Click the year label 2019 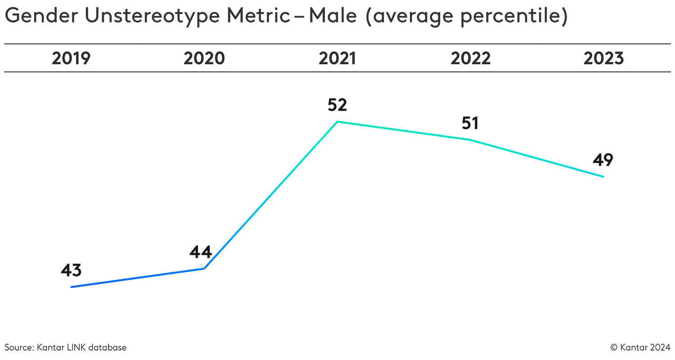click(x=71, y=58)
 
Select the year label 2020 click(x=204, y=58)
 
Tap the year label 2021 click(x=337, y=58)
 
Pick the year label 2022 click(x=471, y=58)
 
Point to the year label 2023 click(x=603, y=58)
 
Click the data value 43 click(x=71, y=270)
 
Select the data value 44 click(x=201, y=252)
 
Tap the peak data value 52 click(x=337, y=105)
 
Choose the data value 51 click(x=470, y=123)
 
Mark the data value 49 click(x=603, y=160)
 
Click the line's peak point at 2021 click(x=337, y=121)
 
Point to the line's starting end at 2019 click(x=72, y=287)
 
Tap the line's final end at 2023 click(x=603, y=176)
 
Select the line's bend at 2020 click(x=204, y=269)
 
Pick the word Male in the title click(x=333, y=16)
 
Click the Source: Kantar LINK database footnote click(x=66, y=347)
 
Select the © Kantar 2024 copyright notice click(x=640, y=347)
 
